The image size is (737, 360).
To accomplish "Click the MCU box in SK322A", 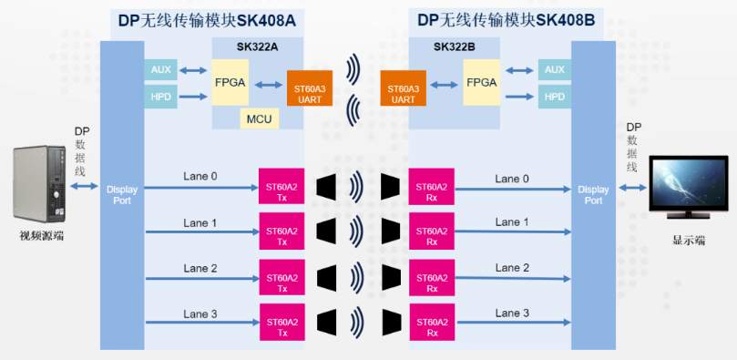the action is point(260,118).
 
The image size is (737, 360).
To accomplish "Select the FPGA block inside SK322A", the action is point(230,82).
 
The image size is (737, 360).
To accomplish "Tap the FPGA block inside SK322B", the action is point(482,82).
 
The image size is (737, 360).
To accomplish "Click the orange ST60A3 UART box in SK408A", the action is point(310,87).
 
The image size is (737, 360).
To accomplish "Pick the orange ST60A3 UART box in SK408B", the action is point(404,87).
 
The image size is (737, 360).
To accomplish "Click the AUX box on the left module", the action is point(160,69).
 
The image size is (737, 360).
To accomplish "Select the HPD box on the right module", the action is point(555,97).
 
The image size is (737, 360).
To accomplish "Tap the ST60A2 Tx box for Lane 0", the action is point(281,186).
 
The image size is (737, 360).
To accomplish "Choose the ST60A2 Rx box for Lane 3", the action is point(432,322).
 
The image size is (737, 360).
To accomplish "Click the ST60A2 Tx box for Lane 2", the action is point(282,277).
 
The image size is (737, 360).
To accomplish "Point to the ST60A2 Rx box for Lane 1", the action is point(432,231).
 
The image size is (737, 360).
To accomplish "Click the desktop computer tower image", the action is point(39,184).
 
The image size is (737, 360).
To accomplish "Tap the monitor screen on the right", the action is point(688,185).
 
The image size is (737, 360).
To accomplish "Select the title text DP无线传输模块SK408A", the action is point(208,21).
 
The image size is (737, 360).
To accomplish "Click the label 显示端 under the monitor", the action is point(689,241).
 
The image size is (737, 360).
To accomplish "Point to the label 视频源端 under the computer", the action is point(41,236).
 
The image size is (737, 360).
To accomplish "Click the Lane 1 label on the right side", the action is point(512,222).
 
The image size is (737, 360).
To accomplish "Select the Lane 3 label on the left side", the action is point(200,314).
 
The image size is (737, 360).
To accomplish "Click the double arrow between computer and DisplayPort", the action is point(84,187).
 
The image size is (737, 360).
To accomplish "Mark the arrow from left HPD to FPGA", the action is point(193,97).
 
